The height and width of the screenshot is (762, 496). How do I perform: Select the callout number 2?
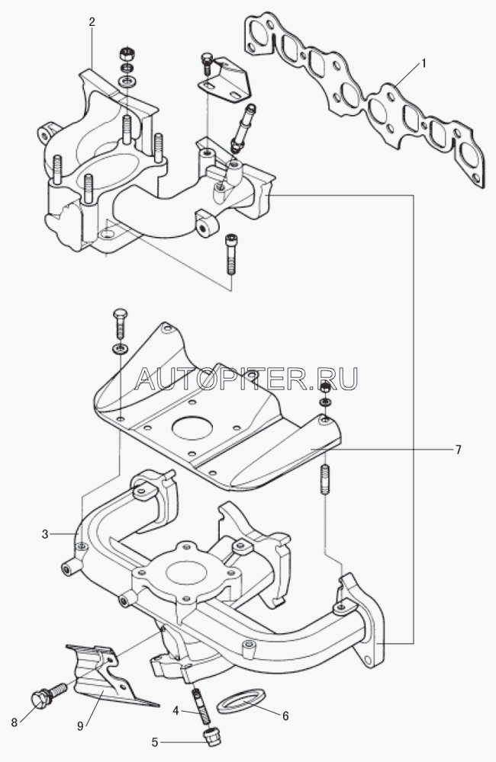92,22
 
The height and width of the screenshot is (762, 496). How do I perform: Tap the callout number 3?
45,534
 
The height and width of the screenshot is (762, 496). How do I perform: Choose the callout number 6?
285,716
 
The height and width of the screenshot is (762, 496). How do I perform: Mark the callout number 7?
458,450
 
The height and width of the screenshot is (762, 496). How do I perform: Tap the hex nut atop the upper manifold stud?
127,54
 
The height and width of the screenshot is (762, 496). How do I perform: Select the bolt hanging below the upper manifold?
231,255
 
